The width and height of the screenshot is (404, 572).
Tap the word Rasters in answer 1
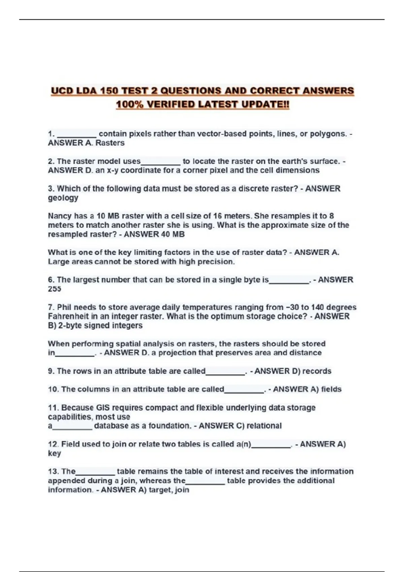pyautogui.click(x=110, y=143)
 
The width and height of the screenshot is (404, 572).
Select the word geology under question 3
pyautogui.click(x=63, y=198)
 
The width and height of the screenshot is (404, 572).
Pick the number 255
pyautogui.click(x=55, y=289)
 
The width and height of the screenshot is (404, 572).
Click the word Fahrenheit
pyautogui.click(x=68, y=316)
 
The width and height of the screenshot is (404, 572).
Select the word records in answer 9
pyautogui.click(x=317, y=371)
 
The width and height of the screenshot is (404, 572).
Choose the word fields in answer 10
pyautogui.click(x=331, y=389)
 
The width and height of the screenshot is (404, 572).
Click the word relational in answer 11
pyautogui.click(x=264, y=426)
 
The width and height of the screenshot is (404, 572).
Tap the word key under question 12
pyautogui.click(x=54, y=453)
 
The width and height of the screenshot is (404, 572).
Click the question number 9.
pyautogui.click(x=51, y=371)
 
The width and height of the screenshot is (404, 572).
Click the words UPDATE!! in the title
pyautogui.click(x=265, y=105)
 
